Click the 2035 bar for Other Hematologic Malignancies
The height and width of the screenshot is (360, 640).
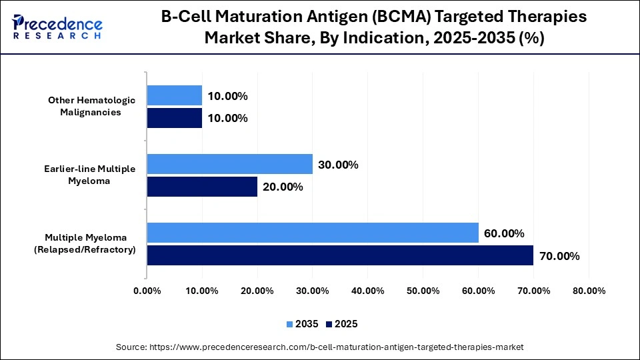[174, 95]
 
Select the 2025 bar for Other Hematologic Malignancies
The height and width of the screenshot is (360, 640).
[174, 118]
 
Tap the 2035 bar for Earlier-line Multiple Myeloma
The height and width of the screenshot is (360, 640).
[229, 164]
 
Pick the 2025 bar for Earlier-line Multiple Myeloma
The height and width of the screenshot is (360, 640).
[202, 187]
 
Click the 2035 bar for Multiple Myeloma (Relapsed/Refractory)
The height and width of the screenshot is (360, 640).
[313, 233]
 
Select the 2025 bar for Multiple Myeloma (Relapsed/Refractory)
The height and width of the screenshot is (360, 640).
[340, 255]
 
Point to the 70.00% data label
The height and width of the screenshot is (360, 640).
[559, 256]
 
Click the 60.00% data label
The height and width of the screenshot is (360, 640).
[504, 233]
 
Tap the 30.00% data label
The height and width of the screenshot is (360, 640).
[338, 165]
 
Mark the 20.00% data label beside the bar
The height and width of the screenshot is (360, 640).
[283, 187]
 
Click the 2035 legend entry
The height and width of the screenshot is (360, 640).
[303, 324]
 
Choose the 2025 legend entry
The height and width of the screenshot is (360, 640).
[342, 324]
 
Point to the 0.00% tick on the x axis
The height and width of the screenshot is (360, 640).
[147, 291]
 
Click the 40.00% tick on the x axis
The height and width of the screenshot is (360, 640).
[368, 291]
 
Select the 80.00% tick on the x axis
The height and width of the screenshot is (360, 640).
[589, 291]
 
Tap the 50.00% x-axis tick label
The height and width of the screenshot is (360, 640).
[423, 291]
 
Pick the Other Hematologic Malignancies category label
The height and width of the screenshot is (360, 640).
[92, 106]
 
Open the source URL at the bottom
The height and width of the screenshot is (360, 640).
[320, 347]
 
